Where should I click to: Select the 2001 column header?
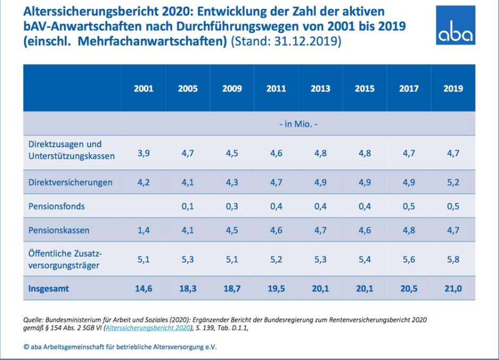(x=143, y=89)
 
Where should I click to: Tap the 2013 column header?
(x=320, y=89)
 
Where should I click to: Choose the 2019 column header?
(x=453, y=89)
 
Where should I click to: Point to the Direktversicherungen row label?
(x=70, y=182)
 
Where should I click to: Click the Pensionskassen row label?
(x=58, y=231)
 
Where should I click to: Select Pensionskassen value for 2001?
(x=143, y=231)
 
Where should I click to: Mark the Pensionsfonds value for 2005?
(x=187, y=207)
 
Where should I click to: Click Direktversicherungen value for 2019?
(x=453, y=182)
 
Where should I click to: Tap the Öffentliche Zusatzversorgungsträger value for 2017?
(x=409, y=260)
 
